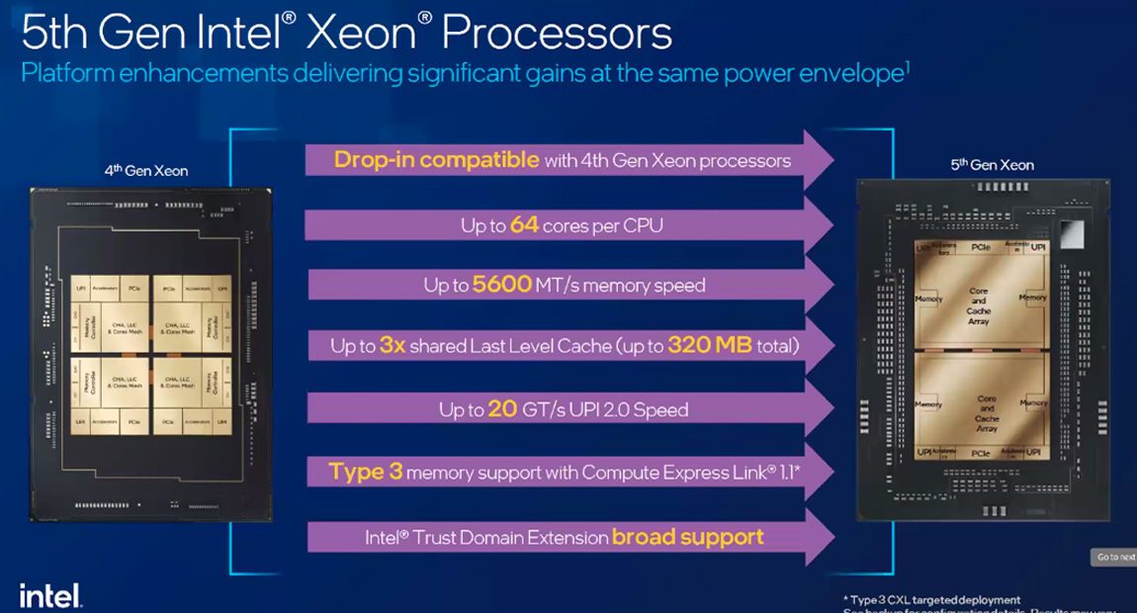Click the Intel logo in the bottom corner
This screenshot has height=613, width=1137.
(x=49, y=596)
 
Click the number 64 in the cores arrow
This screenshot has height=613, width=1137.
(x=524, y=225)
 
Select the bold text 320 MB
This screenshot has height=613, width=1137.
(x=710, y=346)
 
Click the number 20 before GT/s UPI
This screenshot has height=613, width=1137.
(x=502, y=408)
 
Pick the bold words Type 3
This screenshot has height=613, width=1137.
(x=365, y=472)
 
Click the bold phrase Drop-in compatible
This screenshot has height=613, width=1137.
(x=436, y=159)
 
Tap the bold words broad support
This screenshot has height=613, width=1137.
(x=687, y=537)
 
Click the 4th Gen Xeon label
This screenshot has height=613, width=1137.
(x=145, y=170)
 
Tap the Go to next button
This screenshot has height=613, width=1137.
(x=1114, y=558)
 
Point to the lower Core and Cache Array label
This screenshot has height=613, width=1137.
(x=987, y=413)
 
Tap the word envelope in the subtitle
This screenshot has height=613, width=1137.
(x=849, y=74)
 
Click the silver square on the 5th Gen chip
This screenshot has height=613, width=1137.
(x=1072, y=233)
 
